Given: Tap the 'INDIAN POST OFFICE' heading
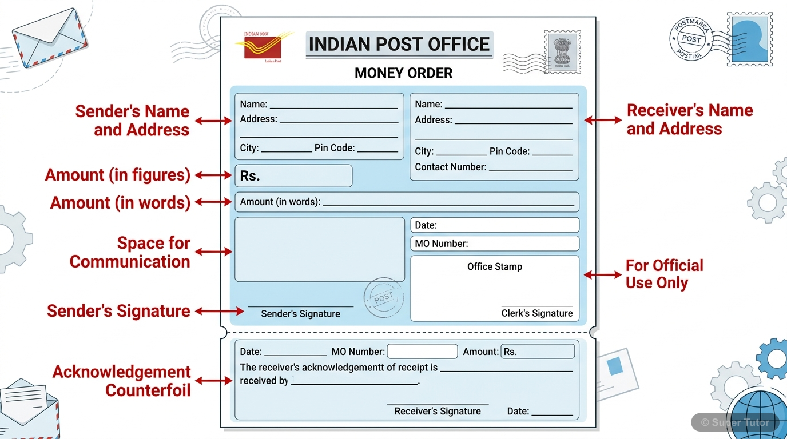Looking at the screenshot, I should tap(399, 45).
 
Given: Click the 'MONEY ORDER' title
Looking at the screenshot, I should tap(403, 73).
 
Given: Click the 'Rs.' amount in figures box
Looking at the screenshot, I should tap(293, 176).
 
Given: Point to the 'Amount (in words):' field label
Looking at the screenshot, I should tap(280, 202).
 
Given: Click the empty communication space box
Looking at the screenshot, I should tap(319, 249).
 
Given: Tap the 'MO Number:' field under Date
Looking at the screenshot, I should tap(495, 244).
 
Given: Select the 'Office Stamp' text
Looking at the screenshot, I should tap(495, 266).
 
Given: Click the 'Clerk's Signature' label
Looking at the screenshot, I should tap(537, 313).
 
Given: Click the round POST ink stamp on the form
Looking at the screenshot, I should tap(383, 298).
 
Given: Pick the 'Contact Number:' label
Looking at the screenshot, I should tap(451, 167).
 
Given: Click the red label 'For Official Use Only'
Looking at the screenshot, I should tap(664, 274).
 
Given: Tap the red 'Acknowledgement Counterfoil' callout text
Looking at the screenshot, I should tap(122, 381).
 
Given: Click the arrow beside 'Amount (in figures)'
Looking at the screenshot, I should tap(213, 175).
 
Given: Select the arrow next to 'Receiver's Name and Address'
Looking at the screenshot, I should tap(602, 120).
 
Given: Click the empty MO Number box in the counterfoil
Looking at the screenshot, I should tap(422, 352).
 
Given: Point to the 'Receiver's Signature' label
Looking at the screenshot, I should tap(438, 411).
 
